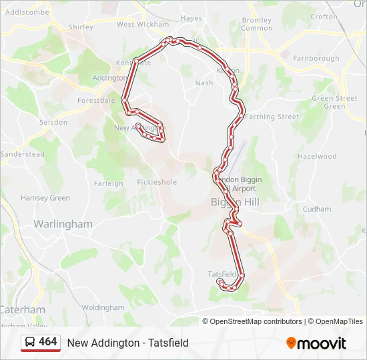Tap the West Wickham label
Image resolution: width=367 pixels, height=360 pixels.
(143, 24)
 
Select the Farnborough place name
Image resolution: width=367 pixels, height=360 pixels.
(316, 59)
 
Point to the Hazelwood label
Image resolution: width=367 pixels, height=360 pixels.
(317, 157)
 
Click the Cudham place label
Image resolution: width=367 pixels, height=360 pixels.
(317, 209)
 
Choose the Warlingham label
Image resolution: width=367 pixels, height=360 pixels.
(63, 224)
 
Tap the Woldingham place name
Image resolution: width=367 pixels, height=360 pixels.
(103, 307)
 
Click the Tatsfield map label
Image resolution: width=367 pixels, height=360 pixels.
(222, 274)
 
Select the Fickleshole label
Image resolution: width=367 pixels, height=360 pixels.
(157, 182)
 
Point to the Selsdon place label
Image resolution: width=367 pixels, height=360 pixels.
(53, 123)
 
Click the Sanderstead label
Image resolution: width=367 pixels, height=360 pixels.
(23, 154)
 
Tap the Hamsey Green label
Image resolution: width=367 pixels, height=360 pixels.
(45, 198)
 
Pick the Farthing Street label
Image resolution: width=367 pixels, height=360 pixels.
(272, 117)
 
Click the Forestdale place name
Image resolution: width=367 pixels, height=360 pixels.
(96, 101)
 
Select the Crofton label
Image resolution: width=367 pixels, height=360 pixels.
(324, 17)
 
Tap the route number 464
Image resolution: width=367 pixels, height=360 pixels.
(48, 342)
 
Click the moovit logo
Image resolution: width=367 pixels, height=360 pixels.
(316, 343)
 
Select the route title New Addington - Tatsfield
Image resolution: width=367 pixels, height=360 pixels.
(128, 343)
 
